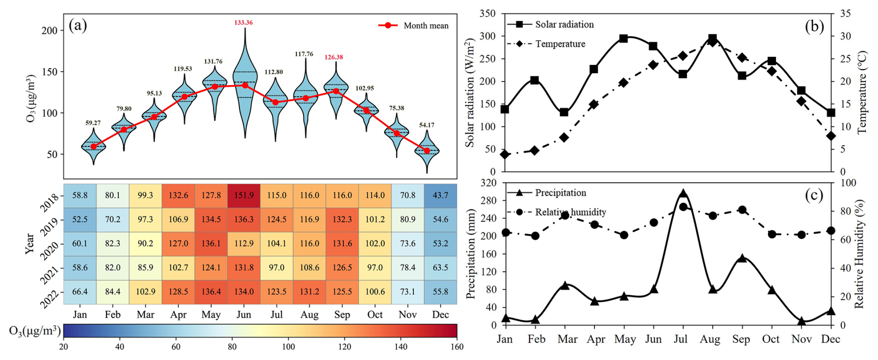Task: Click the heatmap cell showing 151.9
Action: click(244, 195)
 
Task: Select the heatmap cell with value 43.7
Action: click(440, 195)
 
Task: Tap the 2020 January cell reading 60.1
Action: click(80, 244)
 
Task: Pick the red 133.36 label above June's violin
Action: click(244, 22)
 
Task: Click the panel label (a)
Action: click(77, 25)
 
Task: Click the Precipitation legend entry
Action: click(547, 193)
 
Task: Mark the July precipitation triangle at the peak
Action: click(683, 194)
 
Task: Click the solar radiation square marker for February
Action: click(535, 81)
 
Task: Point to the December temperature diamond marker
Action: click(831, 136)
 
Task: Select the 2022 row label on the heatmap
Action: click(50, 299)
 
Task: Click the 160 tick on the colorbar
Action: click(457, 347)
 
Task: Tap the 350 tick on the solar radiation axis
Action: click(487, 14)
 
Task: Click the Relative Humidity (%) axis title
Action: click(859, 254)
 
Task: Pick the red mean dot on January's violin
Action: click(94, 147)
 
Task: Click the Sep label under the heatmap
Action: click(342, 315)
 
